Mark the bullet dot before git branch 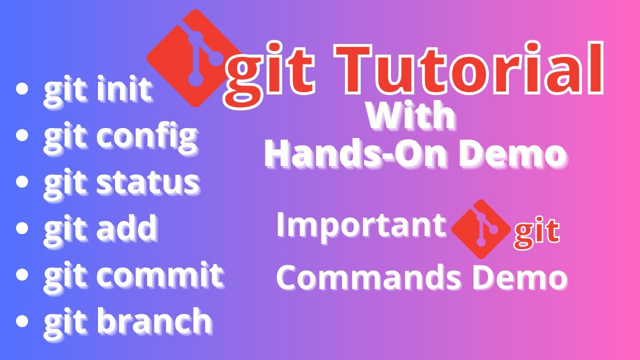[22, 320]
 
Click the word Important [360, 225]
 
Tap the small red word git [536, 233]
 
